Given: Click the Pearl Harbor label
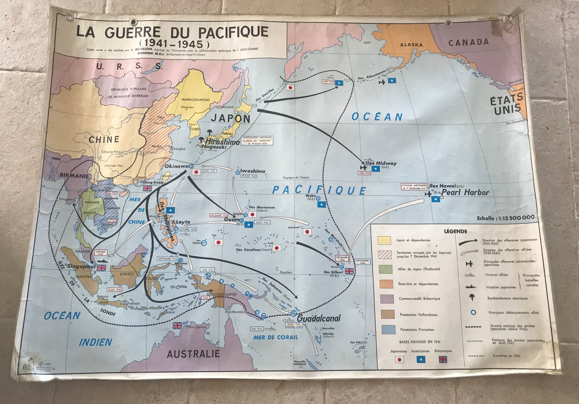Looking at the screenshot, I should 465,193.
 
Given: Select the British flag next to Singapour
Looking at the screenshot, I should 101,268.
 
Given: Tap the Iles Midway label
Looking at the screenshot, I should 381,163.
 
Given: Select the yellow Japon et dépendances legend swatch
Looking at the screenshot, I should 384,240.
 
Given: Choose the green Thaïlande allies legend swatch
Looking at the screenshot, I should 385,269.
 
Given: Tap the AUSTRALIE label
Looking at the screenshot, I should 193,354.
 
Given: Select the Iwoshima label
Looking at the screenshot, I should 252,171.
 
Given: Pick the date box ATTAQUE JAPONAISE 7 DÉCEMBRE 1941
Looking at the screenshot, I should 414,187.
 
